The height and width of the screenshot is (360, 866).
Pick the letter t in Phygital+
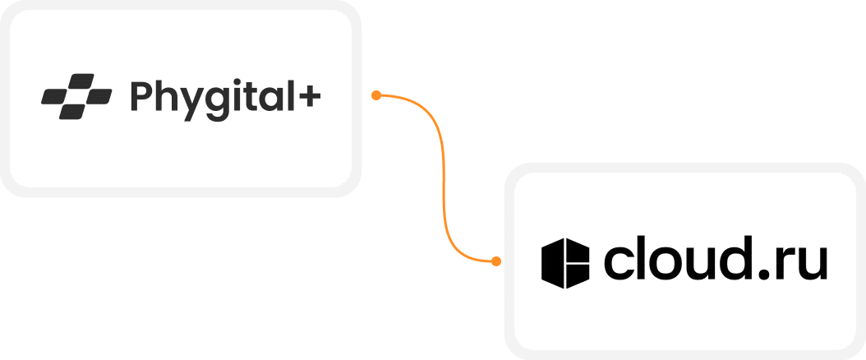(245, 96)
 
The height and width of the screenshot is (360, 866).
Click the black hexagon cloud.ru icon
(566, 264)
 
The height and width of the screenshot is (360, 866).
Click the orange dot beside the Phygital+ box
(375, 95)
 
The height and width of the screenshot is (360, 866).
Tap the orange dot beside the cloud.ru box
(495, 261)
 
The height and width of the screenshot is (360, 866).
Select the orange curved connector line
(443, 177)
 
